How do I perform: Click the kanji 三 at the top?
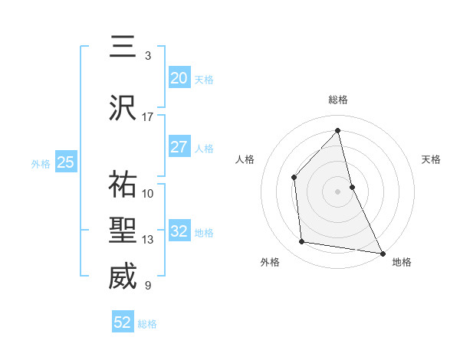123,47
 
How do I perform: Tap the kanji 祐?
123,185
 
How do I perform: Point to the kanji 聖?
123,231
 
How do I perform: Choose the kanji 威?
123,277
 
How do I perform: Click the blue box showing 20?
179,78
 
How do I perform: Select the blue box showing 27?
179,147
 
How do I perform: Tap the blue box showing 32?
179,231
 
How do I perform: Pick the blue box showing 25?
65,162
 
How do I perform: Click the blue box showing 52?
123,322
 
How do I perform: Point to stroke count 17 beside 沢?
148,117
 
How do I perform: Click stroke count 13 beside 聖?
148,240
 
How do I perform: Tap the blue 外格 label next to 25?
41,163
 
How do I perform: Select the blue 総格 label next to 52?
147,324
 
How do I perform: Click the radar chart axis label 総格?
338,100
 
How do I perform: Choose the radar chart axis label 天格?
432,159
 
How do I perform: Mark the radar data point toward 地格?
382,253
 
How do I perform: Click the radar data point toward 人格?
294,177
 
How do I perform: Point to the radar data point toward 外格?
302,242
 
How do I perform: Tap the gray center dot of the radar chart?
337,191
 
